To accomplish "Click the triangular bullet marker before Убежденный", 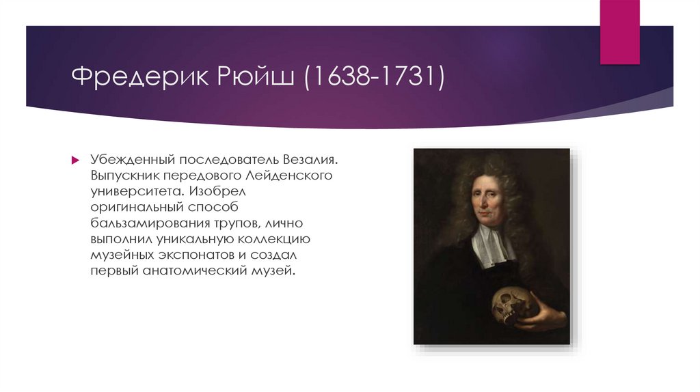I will coord(76,160).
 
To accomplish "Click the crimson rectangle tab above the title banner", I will coord(620,31).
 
